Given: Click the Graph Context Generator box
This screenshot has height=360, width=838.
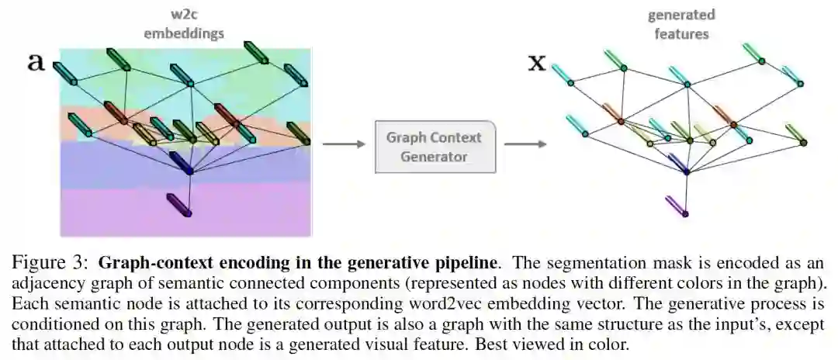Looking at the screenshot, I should pyautogui.click(x=435, y=146).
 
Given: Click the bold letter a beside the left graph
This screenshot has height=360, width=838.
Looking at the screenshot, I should pyautogui.click(x=36, y=62).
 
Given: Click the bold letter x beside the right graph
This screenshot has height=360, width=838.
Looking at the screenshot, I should pyautogui.click(x=536, y=62).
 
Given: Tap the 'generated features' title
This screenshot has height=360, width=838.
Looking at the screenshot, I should pyautogui.click(x=680, y=24).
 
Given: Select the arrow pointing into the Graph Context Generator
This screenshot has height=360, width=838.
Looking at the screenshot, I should pyautogui.click(x=342, y=144).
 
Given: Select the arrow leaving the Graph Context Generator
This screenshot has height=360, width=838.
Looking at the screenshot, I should pyautogui.click(x=525, y=144).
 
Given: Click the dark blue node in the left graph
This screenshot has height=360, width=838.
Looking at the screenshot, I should pyautogui.click(x=189, y=170).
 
